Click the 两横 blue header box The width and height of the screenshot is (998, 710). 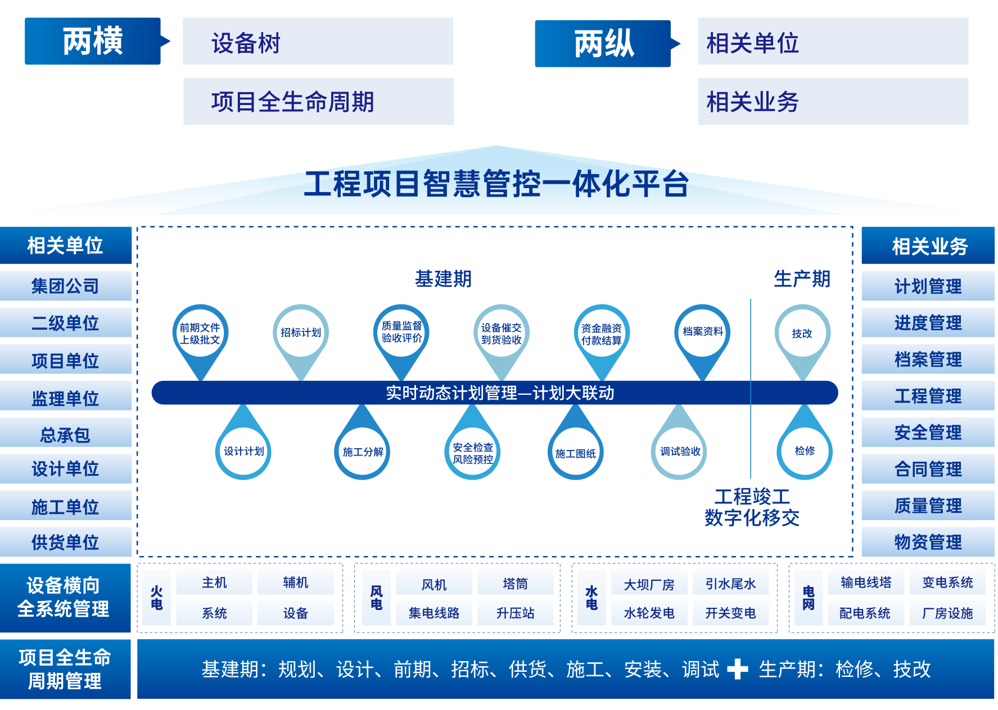point(93,41)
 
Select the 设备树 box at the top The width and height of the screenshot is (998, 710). point(318,41)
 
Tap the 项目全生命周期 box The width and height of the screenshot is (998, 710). point(318,101)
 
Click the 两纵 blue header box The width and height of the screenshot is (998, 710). point(603,44)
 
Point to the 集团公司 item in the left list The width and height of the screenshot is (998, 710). point(65,286)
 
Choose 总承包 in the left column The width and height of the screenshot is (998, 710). point(65,434)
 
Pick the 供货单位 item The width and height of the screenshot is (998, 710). point(65,542)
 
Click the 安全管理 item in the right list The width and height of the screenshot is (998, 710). point(928,433)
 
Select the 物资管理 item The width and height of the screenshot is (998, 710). point(928,542)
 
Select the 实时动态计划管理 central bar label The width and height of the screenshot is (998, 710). point(500,393)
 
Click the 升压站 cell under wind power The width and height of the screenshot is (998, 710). point(516,613)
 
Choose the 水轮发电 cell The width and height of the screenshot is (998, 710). point(649,613)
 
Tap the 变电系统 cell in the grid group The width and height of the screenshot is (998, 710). point(948,582)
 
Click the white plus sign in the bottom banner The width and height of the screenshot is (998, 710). point(737,669)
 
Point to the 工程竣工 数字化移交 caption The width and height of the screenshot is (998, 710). point(752,507)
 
